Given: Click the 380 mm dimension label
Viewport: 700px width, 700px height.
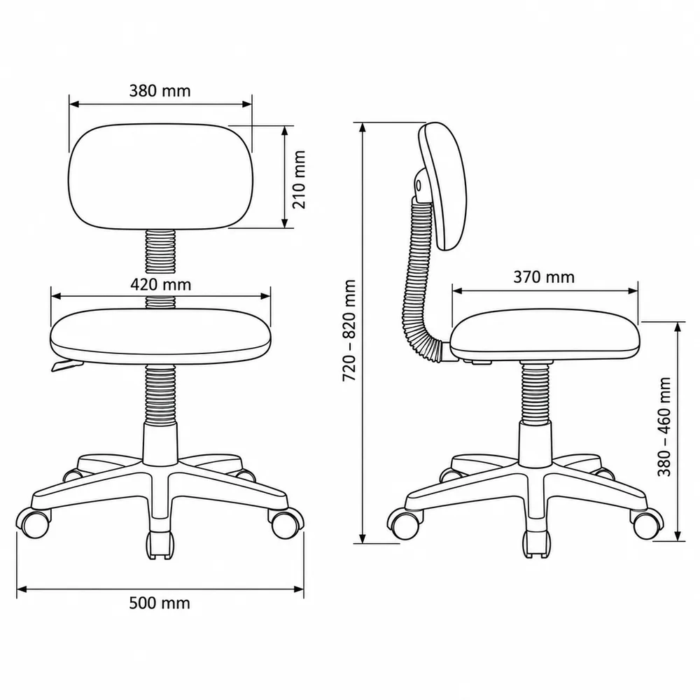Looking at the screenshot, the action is click(x=160, y=90).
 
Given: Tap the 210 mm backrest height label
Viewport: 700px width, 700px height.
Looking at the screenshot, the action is click(x=299, y=179).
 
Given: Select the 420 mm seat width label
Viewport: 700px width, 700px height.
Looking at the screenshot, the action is click(x=161, y=284).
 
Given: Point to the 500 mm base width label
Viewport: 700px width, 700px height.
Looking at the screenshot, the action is click(x=160, y=603).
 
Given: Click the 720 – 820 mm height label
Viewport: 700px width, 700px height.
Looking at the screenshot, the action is click(x=349, y=330).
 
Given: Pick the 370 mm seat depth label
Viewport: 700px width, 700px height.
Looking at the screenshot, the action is click(x=544, y=276).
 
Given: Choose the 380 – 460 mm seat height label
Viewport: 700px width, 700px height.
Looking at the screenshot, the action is click(x=664, y=427).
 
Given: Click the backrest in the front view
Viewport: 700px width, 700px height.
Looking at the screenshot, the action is click(x=161, y=177).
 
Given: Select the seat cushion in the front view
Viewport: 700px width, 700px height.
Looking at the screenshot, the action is click(x=161, y=336).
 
